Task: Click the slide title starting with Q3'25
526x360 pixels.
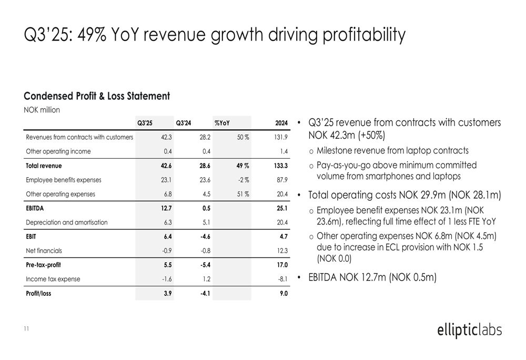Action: (215, 36)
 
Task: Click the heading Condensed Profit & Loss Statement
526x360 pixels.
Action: (97, 96)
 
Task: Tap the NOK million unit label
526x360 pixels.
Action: (42, 110)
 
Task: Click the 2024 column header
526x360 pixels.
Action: (281, 123)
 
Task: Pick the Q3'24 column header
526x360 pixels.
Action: (184, 123)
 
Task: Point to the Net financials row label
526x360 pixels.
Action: (44, 251)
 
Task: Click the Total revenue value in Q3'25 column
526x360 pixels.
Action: (166, 166)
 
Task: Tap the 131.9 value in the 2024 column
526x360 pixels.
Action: (281, 137)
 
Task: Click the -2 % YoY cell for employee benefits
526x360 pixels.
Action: (242, 180)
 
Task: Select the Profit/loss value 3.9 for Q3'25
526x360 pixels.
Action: (168, 293)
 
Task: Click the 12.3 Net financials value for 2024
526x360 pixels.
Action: (282, 251)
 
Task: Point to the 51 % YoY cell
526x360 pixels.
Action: (242, 194)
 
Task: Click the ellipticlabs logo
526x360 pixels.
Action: (469, 330)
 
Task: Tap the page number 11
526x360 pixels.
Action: (26, 328)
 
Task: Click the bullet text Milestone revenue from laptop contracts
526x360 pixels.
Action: (392, 151)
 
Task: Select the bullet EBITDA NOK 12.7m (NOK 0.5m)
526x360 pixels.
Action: (372, 277)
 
